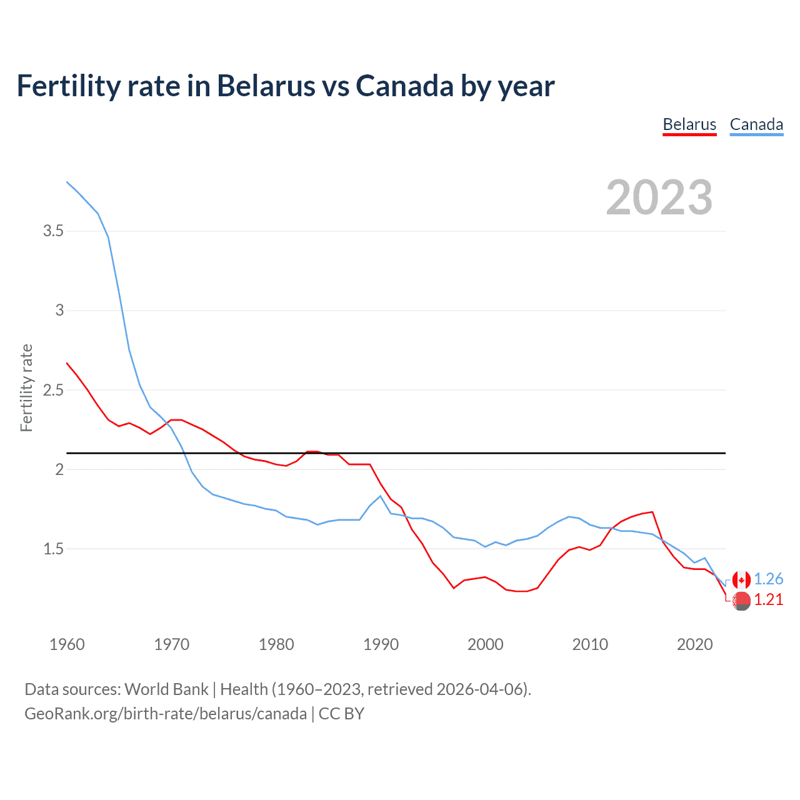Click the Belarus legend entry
pyautogui.click(x=689, y=124)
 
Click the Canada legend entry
pyautogui.click(x=756, y=124)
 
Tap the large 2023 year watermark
pyautogui.click(x=659, y=197)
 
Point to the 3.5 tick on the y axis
pyautogui.click(x=53, y=231)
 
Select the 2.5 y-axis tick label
pyautogui.click(x=53, y=390)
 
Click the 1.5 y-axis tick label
pyautogui.click(x=53, y=549)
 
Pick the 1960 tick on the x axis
pyautogui.click(x=67, y=644)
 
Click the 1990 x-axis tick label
pyautogui.click(x=381, y=644)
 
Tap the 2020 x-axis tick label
pyautogui.click(x=694, y=644)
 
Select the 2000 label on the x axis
pyautogui.click(x=485, y=644)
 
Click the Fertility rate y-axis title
pyautogui.click(x=26, y=387)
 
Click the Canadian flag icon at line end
pyautogui.click(x=741, y=580)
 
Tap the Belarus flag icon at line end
pyautogui.click(x=741, y=601)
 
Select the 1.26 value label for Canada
pyautogui.click(x=768, y=579)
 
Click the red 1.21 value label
pyautogui.click(x=768, y=599)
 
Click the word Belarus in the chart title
pyautogui.click(x=266, y=86)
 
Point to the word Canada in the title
pyautogui.click(x=404, y=86)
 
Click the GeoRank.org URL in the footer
pyautogui.click(x=166, y=714)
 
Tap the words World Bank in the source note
pyautogui.click(x=166, y=689)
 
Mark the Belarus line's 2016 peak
pyautogui.click(x=652, y=512)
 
